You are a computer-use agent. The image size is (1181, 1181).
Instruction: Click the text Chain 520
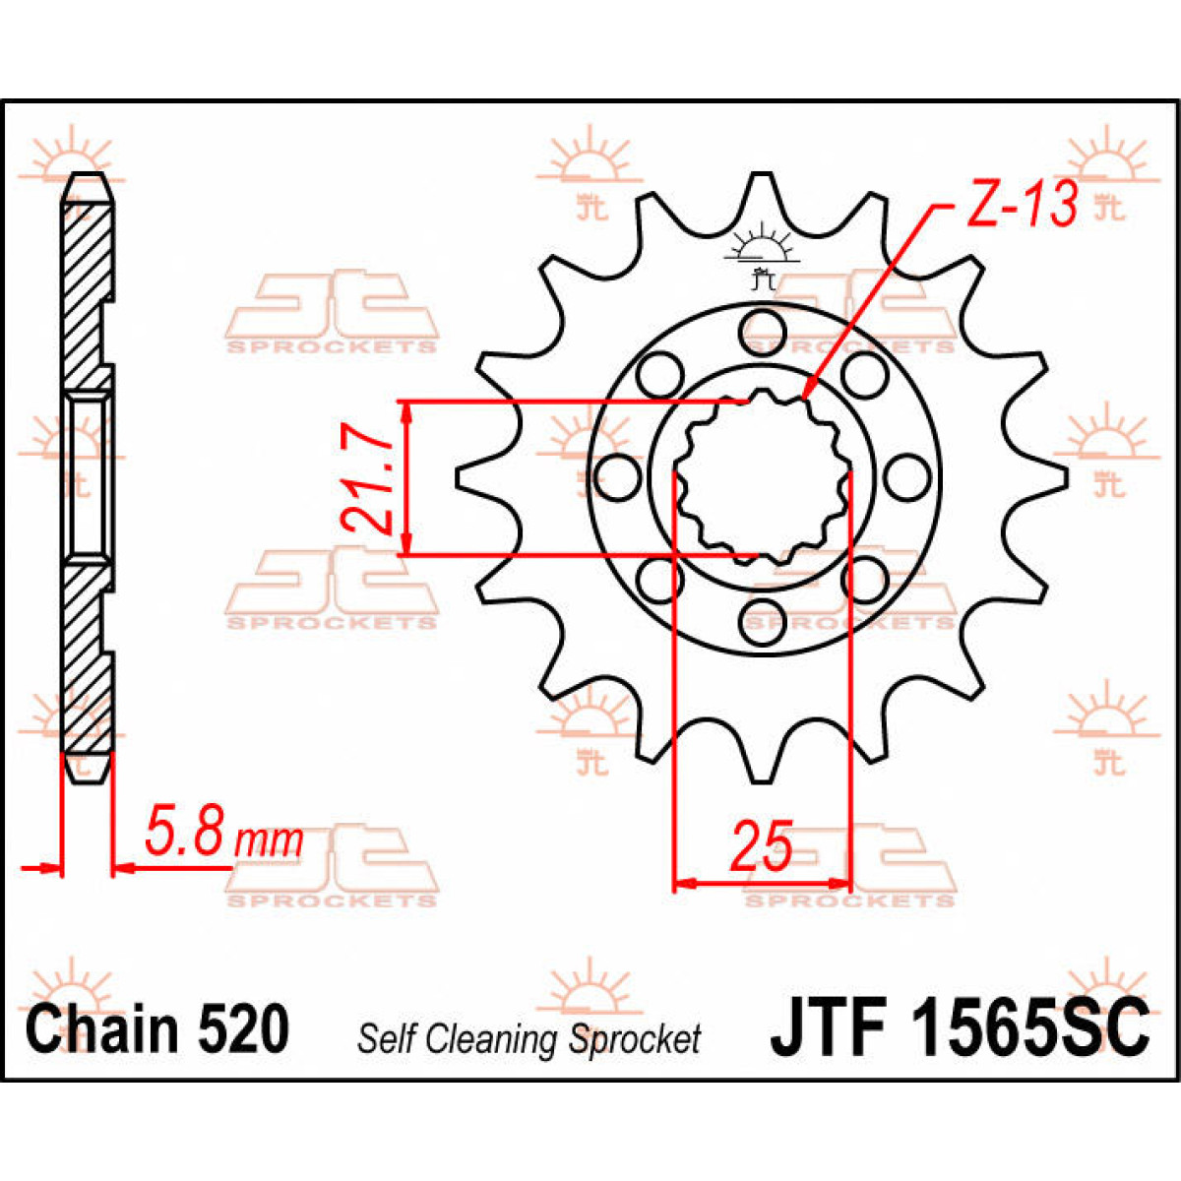157,1029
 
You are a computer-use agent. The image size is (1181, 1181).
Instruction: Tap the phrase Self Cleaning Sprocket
528,1039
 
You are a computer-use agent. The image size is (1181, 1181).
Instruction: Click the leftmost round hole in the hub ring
617,476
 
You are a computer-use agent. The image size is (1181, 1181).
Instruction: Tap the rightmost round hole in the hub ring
906,476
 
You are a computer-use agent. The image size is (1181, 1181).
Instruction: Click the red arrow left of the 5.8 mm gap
41,868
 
